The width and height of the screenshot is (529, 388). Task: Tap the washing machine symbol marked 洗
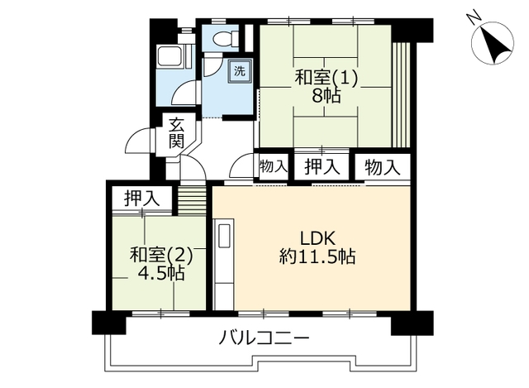pos(240,71)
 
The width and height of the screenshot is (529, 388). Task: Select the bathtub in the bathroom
pos(171,57)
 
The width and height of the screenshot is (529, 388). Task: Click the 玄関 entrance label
pos(176,133)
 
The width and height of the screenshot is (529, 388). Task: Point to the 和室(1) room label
pos(326,78)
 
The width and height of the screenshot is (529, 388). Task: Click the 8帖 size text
pos(326,97)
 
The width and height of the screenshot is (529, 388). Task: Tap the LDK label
pos(317,239)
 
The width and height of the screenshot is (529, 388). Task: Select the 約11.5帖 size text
pos(317,257)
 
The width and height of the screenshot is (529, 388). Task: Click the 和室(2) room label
pos(161,256)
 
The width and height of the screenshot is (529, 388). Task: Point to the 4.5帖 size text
pos(161,274)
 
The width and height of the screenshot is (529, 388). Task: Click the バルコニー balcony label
pos(264,338)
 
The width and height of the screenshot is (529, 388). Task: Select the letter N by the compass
pos(474,16)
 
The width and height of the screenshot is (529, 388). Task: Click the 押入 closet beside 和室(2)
pos(141,199)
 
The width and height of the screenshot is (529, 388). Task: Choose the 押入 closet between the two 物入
pos(322,167)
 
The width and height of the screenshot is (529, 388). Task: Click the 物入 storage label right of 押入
pos(383,167)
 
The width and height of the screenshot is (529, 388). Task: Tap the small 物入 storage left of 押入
pos(274,166)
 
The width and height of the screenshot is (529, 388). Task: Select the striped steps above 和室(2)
pos(192,200)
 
